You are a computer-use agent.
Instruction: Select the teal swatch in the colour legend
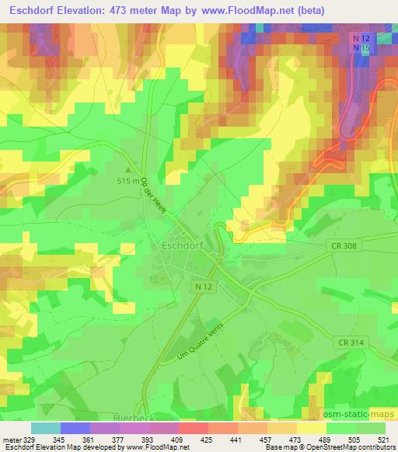coord(46,427)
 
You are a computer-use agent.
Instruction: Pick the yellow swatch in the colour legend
coord(312,427)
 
